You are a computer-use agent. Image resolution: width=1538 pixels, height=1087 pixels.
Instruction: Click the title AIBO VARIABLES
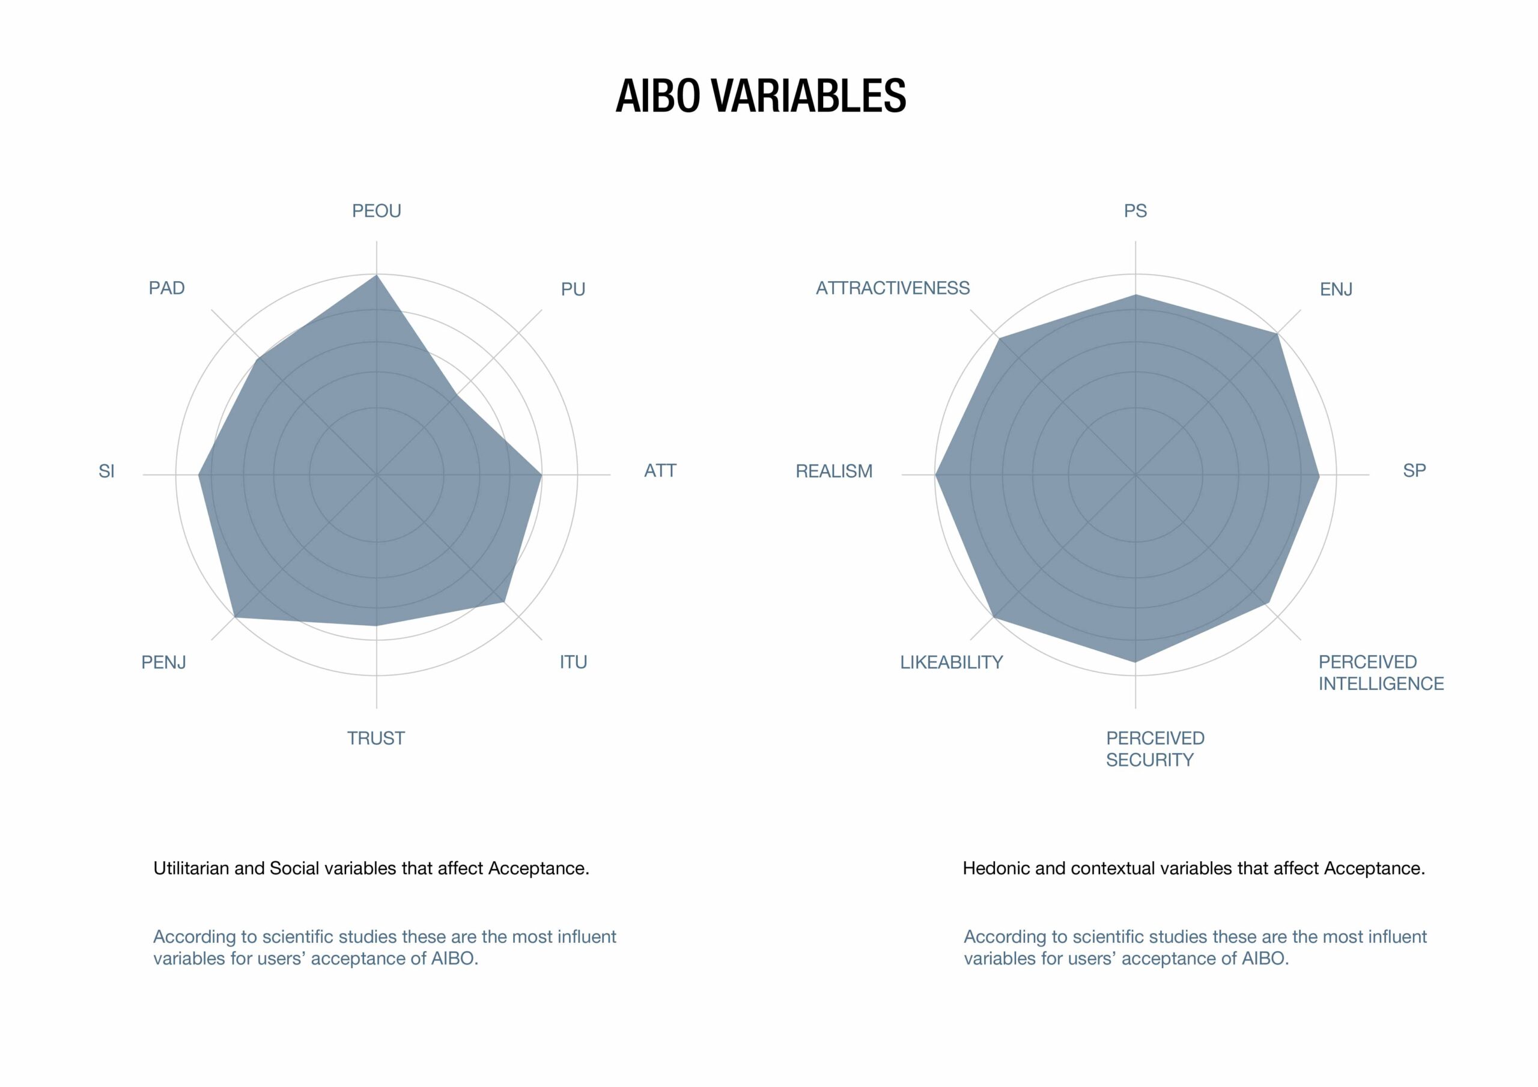point(761,95)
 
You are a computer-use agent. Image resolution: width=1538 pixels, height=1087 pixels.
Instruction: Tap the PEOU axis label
point(377,211)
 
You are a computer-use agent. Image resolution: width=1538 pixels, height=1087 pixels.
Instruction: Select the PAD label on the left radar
point(167,288)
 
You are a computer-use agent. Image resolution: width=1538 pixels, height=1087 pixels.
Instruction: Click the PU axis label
point(573,289)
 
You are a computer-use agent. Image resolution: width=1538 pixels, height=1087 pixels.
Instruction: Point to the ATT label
point(660,471)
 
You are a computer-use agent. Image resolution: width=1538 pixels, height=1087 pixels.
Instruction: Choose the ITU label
point(573,662)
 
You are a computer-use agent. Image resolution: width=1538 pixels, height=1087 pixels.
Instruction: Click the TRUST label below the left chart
point(376,738)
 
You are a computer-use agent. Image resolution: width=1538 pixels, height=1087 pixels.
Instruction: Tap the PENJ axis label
point(163,662)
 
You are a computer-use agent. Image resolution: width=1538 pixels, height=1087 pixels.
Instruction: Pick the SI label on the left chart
point(106,471)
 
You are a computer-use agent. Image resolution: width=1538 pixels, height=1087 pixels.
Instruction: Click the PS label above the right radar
point(1135,211)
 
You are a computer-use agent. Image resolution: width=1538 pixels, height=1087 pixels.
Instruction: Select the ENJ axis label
point(1336,289)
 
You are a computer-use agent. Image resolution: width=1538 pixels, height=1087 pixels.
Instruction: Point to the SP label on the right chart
point(1415,471)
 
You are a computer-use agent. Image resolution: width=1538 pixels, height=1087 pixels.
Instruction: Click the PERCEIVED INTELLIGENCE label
point(1381,673)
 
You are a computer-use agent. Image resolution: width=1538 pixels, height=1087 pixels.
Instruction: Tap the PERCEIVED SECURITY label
point(1155,749)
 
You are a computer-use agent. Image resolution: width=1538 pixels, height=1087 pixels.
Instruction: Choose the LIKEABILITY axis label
point(951,662)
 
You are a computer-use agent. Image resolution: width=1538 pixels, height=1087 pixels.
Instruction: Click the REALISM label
point(834,471)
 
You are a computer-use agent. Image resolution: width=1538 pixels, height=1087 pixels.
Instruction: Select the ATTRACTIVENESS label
point(893,288)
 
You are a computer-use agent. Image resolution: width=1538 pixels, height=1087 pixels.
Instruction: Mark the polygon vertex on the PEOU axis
point(377,274)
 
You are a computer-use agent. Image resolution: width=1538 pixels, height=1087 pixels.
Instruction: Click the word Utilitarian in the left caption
point(192,868)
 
